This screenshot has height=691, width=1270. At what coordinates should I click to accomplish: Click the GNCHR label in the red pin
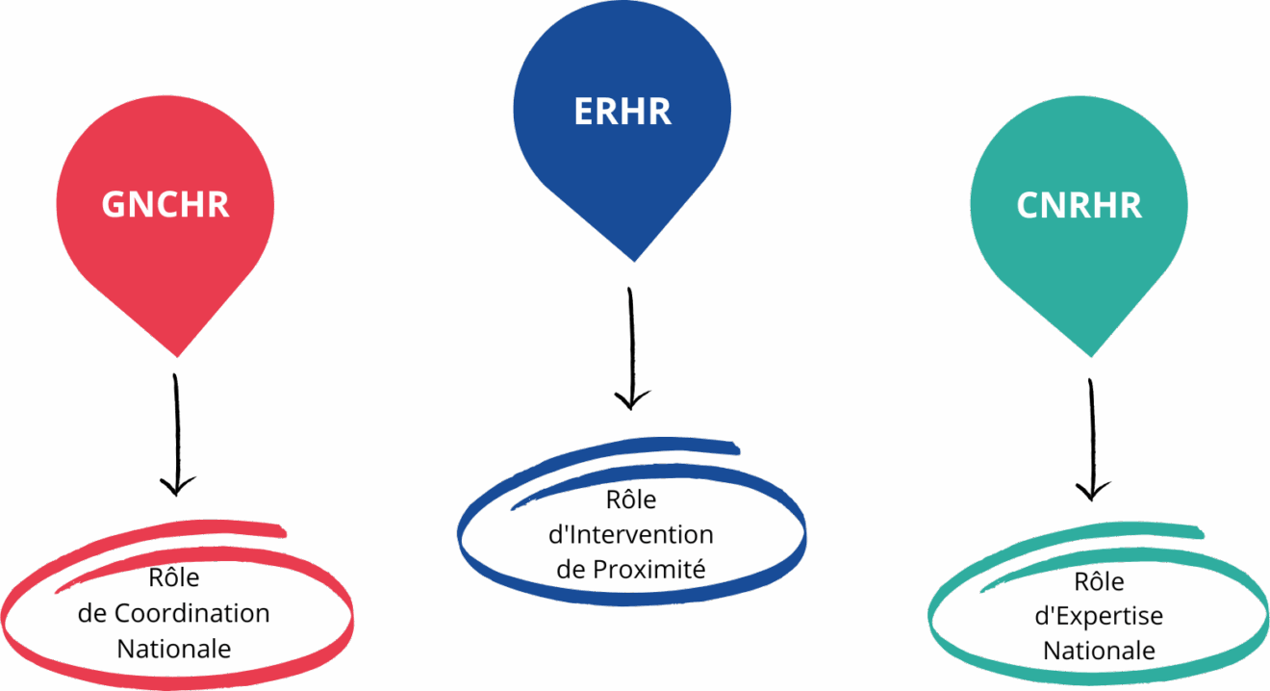(165, 205)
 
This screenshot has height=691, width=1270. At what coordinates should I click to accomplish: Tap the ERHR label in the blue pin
(622, 111)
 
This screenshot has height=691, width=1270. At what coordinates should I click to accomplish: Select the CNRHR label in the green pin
(1079, 205)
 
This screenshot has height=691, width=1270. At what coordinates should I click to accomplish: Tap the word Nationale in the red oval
(174, 649)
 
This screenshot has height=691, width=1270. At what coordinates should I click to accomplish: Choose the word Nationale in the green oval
(1100, 651)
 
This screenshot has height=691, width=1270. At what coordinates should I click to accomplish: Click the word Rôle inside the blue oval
(631, 500)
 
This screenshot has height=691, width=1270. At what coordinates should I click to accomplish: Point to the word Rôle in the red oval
(174, 578)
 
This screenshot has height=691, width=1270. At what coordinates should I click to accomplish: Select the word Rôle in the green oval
(1100, 582)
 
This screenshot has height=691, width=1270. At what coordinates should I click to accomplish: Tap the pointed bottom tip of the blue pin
(631, 260)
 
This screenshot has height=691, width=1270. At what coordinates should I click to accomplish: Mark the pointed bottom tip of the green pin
(1088, 356)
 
